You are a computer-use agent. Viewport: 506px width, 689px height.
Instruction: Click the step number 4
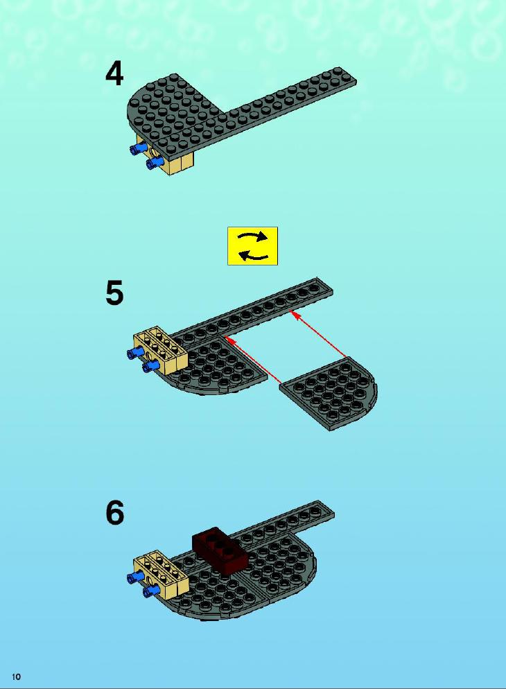tap(114, 73)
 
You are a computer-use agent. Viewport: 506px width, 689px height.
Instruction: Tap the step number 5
tap(114, 293)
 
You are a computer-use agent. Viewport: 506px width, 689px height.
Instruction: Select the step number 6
tap(114, 512)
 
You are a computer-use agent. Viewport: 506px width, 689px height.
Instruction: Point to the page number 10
tap(16, 677)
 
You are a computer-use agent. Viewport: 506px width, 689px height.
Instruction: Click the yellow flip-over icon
tap(252, 246)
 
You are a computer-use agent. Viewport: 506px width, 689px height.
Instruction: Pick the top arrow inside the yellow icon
tap(252, 237)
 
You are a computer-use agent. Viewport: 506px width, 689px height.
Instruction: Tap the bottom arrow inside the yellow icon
tap(253, 255)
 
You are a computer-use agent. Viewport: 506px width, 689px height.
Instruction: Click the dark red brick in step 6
tap(220, 550)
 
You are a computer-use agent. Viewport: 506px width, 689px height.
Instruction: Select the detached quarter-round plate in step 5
tap(329, 393)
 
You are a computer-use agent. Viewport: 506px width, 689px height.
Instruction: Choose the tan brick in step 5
tap(161, 350)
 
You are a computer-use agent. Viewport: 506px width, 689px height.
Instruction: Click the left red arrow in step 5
tap(252, 360)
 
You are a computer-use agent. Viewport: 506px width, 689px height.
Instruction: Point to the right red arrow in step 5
tap(318, 334)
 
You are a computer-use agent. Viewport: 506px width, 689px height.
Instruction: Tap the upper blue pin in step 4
tap(139, 149)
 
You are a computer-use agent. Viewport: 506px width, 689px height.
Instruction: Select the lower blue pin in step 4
tap(155, 164)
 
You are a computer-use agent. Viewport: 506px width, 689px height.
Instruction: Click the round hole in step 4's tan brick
tap(153, 152)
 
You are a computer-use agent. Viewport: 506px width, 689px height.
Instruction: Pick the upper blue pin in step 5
tap(136, 352)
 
